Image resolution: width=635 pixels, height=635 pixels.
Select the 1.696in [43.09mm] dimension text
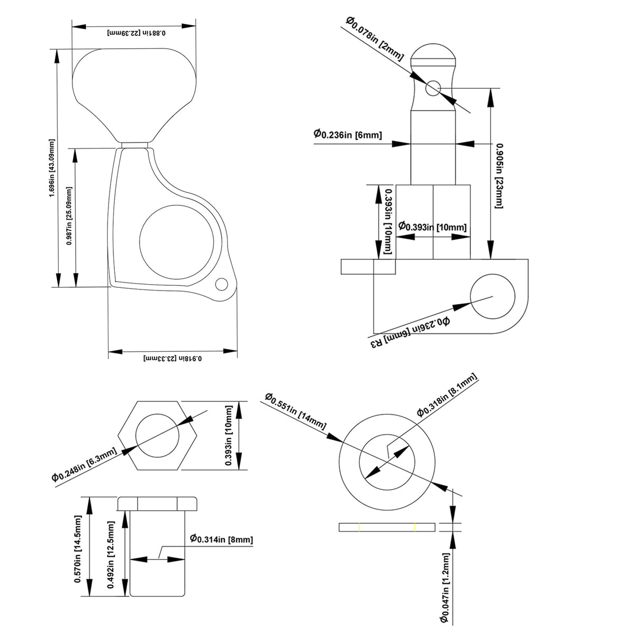point(51,168)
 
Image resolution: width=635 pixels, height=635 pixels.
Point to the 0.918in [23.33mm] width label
point(173,358)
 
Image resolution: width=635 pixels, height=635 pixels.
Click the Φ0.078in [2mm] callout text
point(375,39)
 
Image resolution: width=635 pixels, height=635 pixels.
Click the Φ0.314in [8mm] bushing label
point(221,539)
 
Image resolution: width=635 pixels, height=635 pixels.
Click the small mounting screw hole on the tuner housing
point(221,285)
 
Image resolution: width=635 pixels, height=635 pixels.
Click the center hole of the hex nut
point(158,436)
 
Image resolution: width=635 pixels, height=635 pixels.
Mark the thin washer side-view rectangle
point(387,527)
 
